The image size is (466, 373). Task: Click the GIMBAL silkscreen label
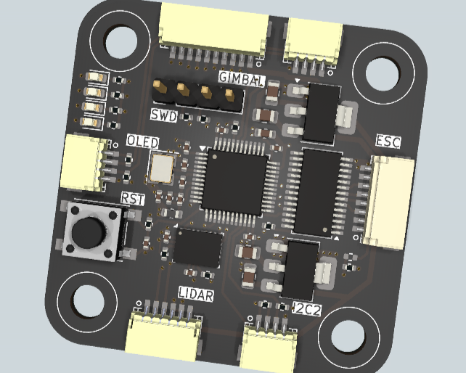coord(242,78)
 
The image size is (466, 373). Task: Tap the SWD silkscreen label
coord(163,115)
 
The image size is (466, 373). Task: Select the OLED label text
coord(143,142)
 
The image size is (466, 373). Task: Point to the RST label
coord(133,198)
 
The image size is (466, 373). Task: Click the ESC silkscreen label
coord(388,142)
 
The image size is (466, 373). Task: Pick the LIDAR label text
coord(196,294)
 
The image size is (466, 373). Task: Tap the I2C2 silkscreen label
coord(307,309)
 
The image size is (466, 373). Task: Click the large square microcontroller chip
coord(234,182)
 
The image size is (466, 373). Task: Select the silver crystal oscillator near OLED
coord(162,168)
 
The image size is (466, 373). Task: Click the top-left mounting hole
coord(121,41)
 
